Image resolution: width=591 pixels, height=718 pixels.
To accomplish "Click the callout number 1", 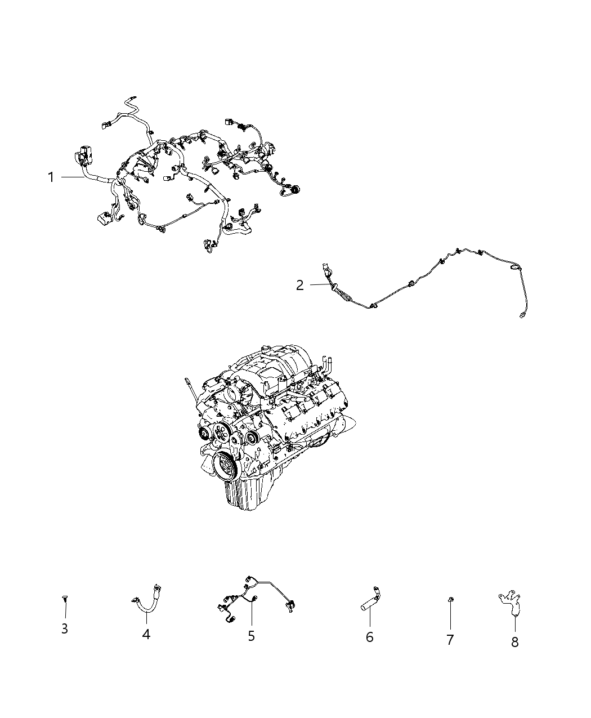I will point(51,177).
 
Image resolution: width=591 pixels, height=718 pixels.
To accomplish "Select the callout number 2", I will point(300,285).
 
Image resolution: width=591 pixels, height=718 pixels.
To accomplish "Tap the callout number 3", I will point(65,628).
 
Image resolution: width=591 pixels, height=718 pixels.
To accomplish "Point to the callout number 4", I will point(146,634).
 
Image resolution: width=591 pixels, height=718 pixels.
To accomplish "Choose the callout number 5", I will point(251,636).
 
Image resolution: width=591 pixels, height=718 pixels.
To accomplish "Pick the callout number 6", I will point(369,637).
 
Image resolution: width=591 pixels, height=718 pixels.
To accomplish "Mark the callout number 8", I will point(514,641).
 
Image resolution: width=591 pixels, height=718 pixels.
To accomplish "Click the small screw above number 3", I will point(65,600).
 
